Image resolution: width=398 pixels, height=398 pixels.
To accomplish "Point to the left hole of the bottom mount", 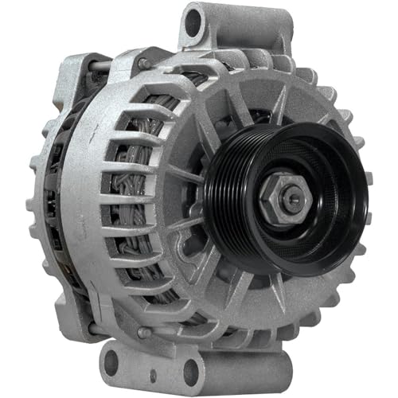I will point(112,365).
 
